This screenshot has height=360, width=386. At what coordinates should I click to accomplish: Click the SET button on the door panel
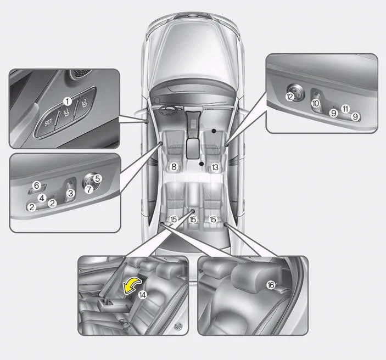[x=47, y=122]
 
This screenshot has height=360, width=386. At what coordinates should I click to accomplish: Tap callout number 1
[x=68, y=101]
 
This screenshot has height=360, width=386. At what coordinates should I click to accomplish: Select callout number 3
[x=71, y=193]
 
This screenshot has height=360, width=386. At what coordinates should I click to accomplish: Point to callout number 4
[x=42, y=198]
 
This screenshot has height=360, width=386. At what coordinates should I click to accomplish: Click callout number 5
[x=98, y=179]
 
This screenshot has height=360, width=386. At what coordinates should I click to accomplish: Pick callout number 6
[x=36, y=185]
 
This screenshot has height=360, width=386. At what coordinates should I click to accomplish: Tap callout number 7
[x=88, y=189]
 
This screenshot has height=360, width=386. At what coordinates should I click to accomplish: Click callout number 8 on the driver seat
[x=174, y=167]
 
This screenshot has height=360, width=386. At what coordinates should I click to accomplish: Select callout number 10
[x=315, y=103]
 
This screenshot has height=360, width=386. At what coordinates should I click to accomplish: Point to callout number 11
[x=345, y=109]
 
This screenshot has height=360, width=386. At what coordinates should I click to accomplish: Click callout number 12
[x=290, y=97]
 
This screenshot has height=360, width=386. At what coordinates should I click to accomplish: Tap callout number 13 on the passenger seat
[x=215, y=167]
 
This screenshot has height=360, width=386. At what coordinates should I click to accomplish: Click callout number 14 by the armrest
[x=143, y=295]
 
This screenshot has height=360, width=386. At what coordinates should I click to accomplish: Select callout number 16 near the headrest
[x=271, y=285]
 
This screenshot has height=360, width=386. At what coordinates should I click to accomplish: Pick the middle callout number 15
[x=193, y=220]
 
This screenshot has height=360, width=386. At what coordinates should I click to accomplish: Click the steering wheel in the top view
[x=169, y=110]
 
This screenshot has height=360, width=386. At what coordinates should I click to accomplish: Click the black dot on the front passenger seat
[x=214, y=131]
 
